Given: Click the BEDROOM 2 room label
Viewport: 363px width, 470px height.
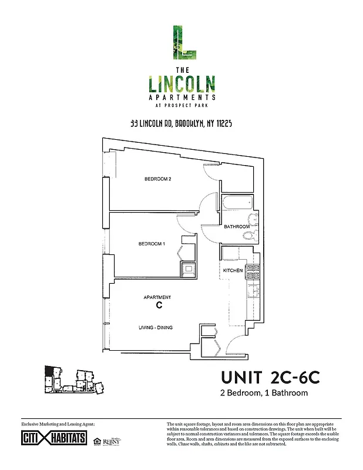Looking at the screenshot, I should pos(157,179).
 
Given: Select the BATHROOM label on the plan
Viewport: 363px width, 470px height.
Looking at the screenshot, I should pos(237,226).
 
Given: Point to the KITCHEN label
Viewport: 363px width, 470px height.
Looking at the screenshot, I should pos(233,270).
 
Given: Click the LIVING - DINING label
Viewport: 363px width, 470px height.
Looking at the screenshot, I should pos(155,327).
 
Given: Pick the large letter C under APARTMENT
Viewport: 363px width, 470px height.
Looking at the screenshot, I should pos(158,306).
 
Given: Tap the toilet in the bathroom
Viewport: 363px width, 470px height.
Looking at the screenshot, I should pos(250,236).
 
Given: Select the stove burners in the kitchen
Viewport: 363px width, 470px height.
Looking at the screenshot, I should pos(253,271).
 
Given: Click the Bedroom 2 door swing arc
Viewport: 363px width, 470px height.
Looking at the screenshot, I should pos(209,205).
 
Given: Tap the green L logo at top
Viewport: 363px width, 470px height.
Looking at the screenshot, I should pos(181,42).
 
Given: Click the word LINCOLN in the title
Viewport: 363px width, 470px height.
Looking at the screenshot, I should pos(181,83).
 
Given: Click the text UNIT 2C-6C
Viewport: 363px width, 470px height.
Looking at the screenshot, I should pos(270,376).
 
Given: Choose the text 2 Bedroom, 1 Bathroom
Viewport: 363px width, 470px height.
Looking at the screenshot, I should pos(264,392).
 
